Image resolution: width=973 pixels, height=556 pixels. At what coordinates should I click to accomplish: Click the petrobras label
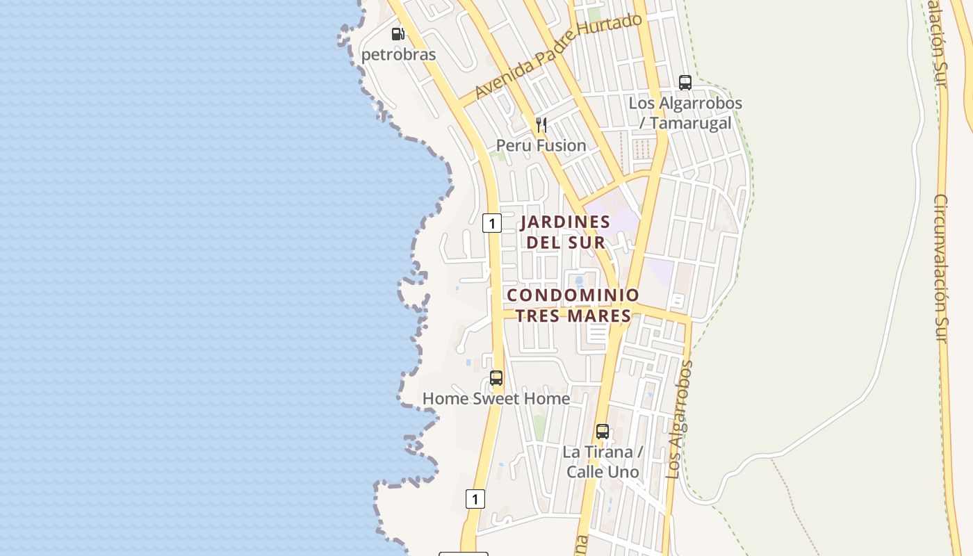click(x=398, y=54)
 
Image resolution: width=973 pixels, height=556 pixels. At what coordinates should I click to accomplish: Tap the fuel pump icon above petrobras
click(x=398, y=33)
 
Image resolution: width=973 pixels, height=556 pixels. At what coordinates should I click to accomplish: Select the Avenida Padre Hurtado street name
click(x=558, y=56)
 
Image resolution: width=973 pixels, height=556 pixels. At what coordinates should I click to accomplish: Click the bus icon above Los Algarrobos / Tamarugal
click(x=685, y=83)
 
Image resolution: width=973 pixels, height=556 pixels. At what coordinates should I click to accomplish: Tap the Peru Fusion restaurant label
click(x=541, y=145)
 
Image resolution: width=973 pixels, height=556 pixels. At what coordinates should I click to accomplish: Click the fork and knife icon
click(x=541, y=125)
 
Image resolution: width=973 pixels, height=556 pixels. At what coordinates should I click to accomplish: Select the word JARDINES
click(x=565, y=222)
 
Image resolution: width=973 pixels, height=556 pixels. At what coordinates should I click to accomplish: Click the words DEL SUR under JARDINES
click(x=565, y=243)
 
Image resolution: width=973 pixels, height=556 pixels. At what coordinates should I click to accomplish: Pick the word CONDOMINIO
click(x=573, y=295)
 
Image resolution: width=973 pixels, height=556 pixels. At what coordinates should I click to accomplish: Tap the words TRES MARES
click(x=573, y=316)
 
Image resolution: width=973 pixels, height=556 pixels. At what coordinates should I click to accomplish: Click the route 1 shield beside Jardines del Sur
click(x=492, y=223)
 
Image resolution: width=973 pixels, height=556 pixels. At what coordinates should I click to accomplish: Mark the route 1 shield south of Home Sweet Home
click(x=475, y=499)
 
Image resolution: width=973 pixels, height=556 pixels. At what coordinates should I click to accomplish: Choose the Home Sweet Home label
click(x=496, y=399)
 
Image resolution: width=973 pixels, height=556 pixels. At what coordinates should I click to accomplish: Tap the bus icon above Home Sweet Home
click(x=496, y=378)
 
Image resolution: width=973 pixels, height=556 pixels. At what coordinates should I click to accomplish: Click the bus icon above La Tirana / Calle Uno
click(x=603, y=432)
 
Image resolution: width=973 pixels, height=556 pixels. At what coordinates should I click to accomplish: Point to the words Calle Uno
click(x=603, y=471)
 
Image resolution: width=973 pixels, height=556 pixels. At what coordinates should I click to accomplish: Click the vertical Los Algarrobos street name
click(x=680, y=419)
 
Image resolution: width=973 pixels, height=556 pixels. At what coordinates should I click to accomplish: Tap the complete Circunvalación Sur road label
click(x=940, y=268)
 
